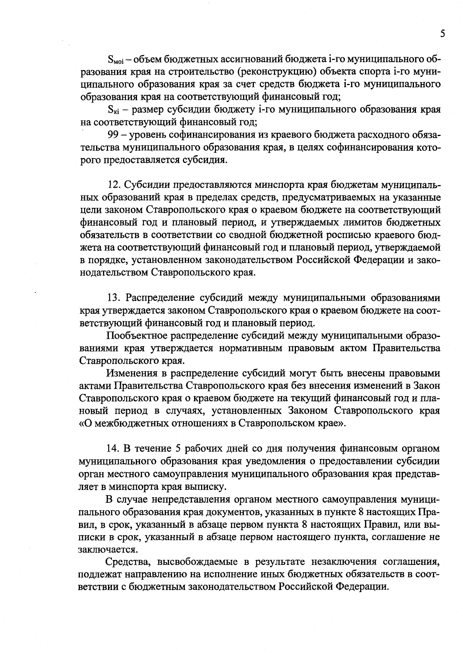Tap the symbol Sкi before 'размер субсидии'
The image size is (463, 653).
pyautogui.click(x=114, y=110)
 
